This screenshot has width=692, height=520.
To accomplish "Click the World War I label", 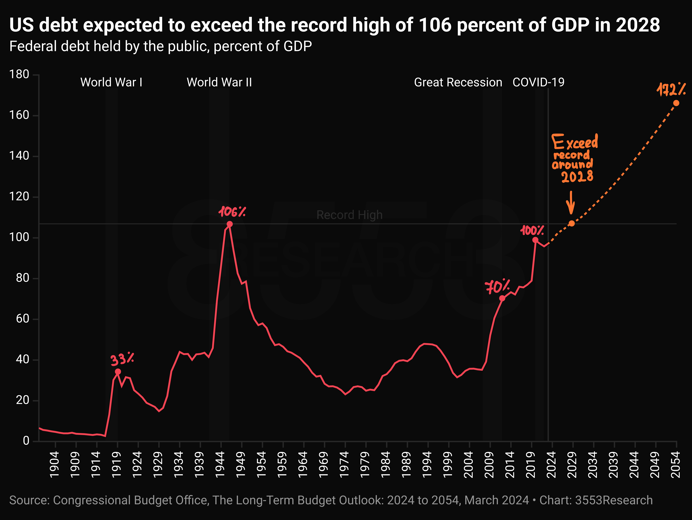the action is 111,82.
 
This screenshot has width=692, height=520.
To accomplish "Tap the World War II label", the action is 219,82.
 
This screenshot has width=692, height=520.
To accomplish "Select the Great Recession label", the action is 458,82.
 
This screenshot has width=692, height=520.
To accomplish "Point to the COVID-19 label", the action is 538,82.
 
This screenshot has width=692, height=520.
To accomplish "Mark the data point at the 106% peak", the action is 230,224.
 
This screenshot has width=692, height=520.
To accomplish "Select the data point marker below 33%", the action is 118,372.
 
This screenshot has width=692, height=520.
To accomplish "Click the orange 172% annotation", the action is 671,90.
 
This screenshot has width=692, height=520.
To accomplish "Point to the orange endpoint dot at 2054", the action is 676,103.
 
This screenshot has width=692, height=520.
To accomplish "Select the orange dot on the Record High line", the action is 572,223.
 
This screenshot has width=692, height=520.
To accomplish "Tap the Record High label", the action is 349,215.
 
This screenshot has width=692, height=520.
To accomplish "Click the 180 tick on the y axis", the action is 19,75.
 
